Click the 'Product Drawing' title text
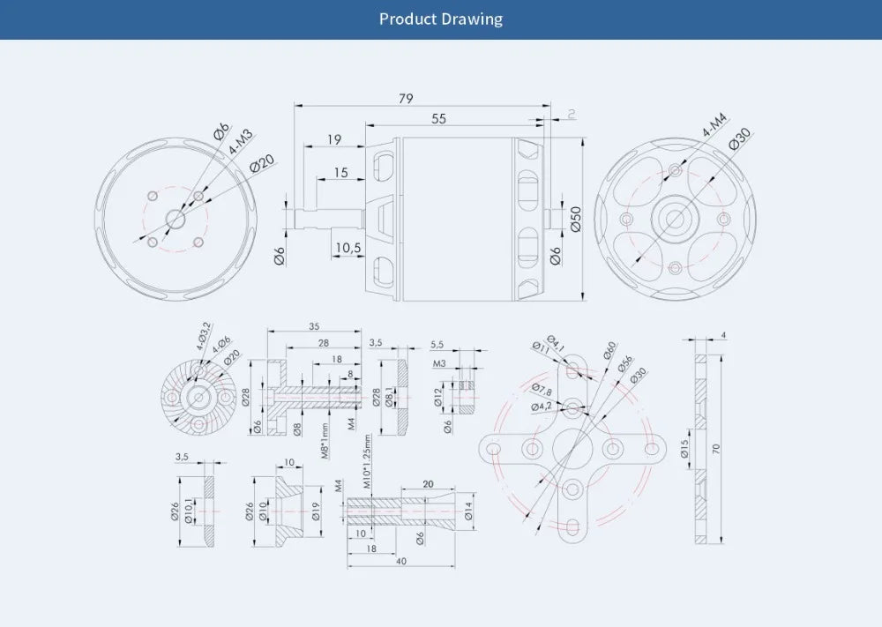[x=441, y=19]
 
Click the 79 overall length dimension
[x=406, y=98]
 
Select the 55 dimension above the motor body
[x=438, y=118]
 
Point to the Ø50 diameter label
[x=576, y=218]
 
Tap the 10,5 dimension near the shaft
[x=349, y=248]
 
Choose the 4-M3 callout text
[x=240, y=142]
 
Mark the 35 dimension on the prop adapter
[x=314, y=326]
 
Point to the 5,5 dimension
[x=437, y=344]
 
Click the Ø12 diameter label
[x=437, y=398]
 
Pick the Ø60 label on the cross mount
[x=609, y=350]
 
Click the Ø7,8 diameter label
[x=542, y=390]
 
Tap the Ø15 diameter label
[x=684, y=449]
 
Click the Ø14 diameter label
[x=467, y=511]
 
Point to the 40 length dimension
[x=401, y=562]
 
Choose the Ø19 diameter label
[x=316, y=511]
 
